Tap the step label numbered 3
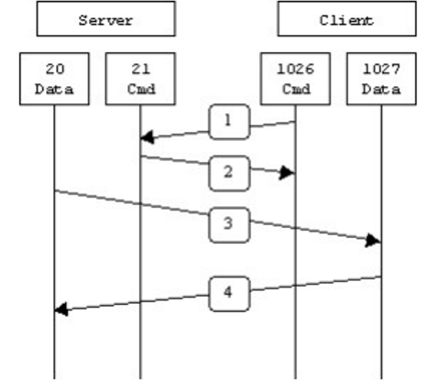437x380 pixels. coord(228,223)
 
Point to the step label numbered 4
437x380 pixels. coord(228,294)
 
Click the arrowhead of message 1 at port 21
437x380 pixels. coord(147,137)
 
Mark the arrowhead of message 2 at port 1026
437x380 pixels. coord(288,171)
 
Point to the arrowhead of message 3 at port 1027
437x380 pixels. coord(374,240)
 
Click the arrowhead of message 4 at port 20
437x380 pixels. coord(61,309)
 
